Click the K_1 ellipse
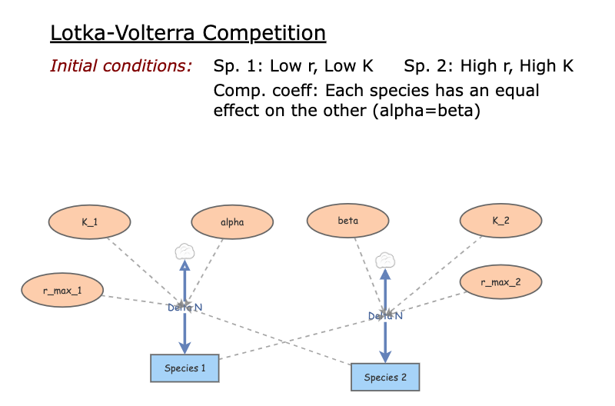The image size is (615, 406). point(90,222)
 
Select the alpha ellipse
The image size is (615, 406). point(232,222)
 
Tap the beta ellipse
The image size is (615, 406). point(347,221)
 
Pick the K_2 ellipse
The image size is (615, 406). point(500,221)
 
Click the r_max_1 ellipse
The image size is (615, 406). point(61,290)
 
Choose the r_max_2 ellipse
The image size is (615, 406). point(500,282)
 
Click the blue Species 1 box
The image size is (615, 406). point(184,368)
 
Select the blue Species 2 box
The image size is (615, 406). point(385,377)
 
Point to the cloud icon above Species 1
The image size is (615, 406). point(184,250)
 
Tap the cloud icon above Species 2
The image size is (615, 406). point(385,259)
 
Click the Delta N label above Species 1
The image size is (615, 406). point(184,308)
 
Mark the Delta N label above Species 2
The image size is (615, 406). point(385,315)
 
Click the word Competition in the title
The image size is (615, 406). point(260,33)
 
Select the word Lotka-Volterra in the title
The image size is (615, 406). point(119,33)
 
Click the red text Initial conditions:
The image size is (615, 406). point(121,66)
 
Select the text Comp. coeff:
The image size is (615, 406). point(266,91)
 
